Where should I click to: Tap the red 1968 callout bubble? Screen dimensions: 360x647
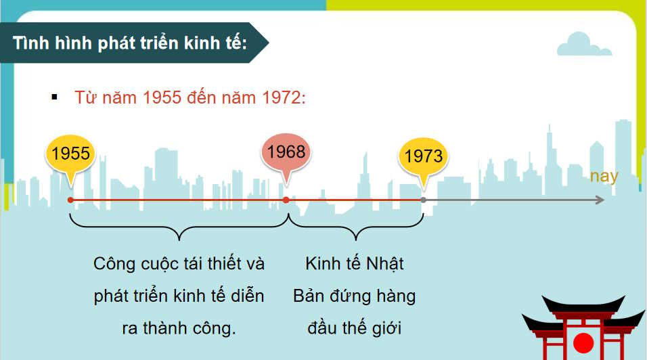point(286,153)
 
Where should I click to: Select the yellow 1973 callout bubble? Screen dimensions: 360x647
point(423,156)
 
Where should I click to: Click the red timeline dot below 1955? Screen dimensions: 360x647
point(70,200)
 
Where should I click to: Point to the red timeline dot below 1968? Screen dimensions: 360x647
point(286,200)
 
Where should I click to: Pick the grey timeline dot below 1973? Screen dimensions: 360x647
point(424,200)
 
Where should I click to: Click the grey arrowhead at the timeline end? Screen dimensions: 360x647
point(599,200)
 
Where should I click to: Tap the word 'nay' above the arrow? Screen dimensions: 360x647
point(604,177)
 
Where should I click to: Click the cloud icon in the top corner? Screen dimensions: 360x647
point(584,44)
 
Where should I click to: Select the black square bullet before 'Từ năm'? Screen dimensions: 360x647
point(55,97)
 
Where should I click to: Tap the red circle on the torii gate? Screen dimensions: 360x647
point(583,342)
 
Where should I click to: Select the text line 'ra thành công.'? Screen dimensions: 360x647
point(179,328)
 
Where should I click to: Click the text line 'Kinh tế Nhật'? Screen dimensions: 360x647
point(354,263)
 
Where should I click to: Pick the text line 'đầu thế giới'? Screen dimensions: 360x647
point(354,328)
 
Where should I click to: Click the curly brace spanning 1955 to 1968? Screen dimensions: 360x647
point(179,227)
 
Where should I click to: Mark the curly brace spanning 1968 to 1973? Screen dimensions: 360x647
point(356,227)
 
